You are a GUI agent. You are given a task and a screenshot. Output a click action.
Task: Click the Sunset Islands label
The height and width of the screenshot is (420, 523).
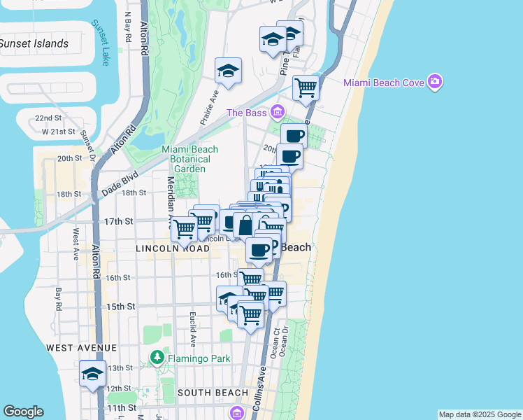point(34,44)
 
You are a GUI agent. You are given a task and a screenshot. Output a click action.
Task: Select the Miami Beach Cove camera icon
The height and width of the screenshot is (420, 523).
point(436,83)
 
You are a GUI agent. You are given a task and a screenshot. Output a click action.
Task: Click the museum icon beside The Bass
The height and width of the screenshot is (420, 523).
point(278,112)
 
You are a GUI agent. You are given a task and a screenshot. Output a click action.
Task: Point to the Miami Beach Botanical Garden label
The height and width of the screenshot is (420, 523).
point(189,159)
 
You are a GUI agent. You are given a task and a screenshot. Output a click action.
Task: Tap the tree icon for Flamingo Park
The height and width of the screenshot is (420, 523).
point(157,359)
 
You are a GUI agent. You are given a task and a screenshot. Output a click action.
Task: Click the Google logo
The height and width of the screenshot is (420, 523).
point(23,412)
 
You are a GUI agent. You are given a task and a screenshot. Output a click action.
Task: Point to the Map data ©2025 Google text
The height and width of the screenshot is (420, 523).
point(479,414)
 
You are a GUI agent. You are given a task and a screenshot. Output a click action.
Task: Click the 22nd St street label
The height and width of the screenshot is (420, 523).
point(49,118)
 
